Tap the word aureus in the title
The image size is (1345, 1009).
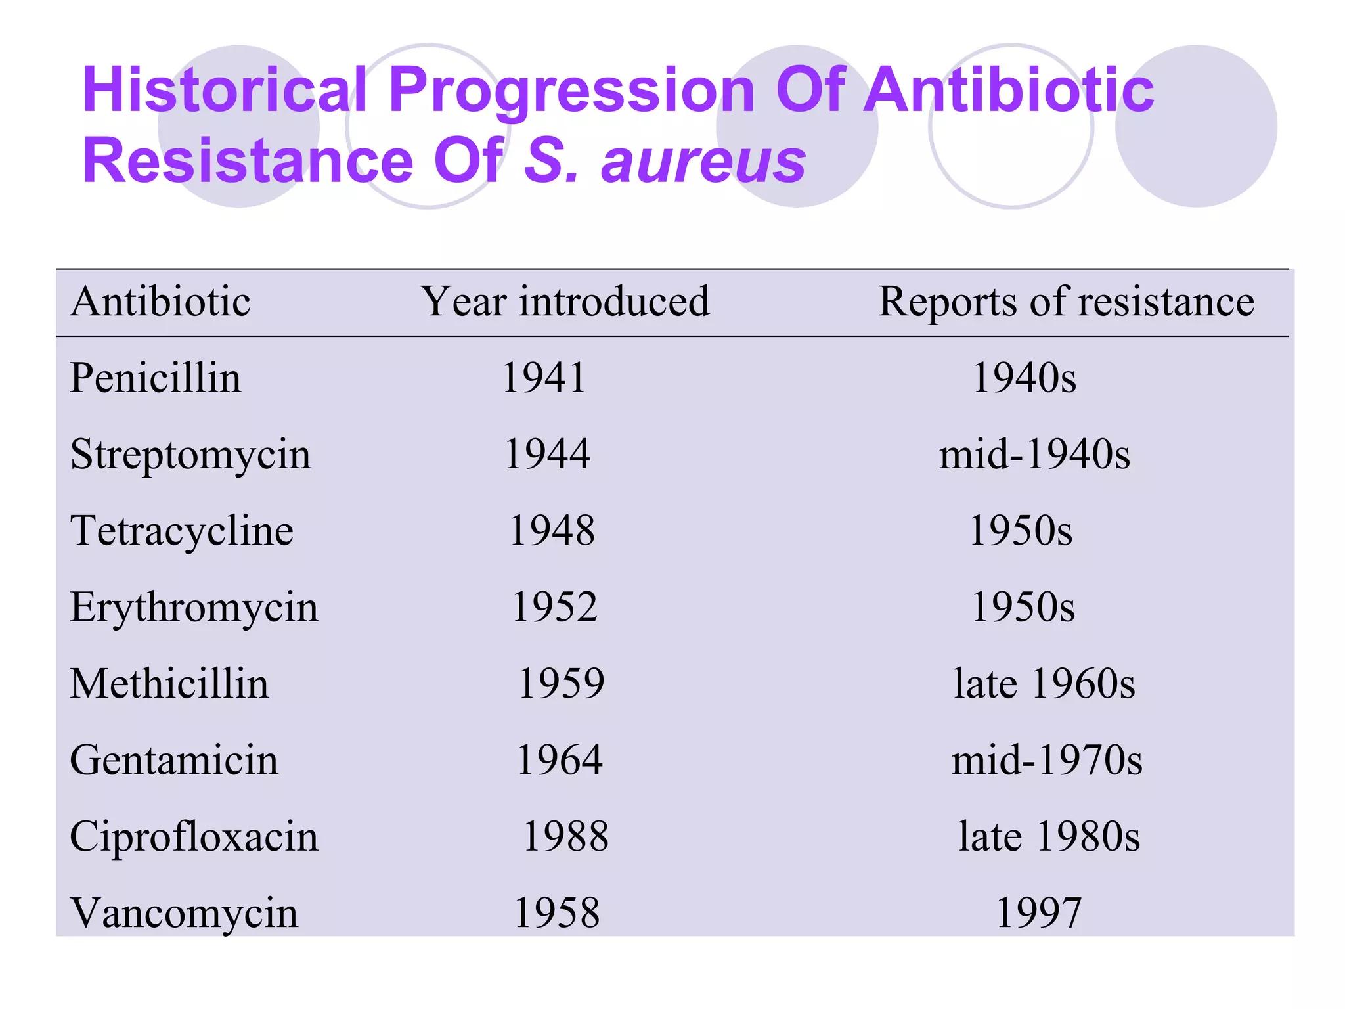(703, 162)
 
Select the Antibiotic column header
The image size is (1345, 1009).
(160, 302)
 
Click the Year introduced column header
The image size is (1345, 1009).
(565, 302)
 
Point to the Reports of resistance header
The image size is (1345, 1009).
(1066, 302)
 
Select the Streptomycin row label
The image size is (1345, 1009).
(190, 454)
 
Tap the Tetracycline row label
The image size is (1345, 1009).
(182, 530)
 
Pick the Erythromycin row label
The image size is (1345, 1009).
(194, 607)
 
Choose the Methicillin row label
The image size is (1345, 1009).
(169, 683)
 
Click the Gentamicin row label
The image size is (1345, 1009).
(174, 760)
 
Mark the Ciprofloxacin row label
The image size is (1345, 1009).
(194, 836)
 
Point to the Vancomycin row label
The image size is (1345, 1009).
(185, 912)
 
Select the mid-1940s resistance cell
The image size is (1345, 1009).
(1034, 454)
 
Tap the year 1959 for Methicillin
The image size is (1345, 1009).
(561, 683)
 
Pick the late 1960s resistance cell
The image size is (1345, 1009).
(1044, 683)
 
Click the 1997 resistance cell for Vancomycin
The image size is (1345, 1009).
(1038, 912)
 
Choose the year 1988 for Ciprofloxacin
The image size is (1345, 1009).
(565, 836)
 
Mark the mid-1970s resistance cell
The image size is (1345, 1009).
(1047, 760)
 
